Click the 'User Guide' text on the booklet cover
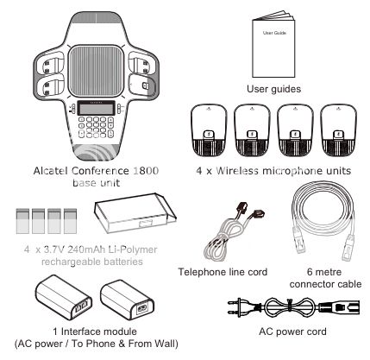coord(274,33)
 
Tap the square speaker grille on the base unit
coord(97,71)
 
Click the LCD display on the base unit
coord(97,109)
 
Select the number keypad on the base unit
coord(97,127)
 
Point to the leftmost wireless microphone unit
coord(209,130)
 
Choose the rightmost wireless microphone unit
coord(338,130)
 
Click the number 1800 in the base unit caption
coord(146,171)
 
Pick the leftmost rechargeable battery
coord(22,221)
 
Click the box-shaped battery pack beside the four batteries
coord(135,213)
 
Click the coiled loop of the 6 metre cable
coord(323,207)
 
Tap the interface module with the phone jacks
coord(64,297)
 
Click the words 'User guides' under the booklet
coord(273,89)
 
